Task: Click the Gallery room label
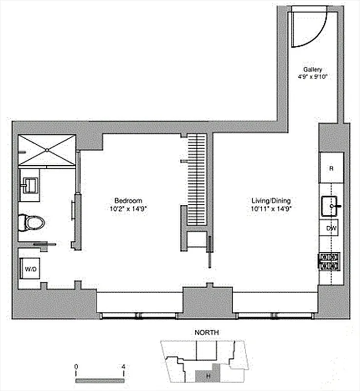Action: [x=312, y=69]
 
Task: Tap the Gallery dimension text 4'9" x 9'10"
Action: [x=312, y=76]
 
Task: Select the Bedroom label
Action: [x=128, y=200]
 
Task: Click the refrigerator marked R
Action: [x=331, y=168]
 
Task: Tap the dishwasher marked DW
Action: [x=331, y=228]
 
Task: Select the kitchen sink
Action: [x=332, y=206]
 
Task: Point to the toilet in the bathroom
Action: [x=32, y=223]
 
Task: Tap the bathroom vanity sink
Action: [x=29, y=185]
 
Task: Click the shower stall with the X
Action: [x=47, y=150]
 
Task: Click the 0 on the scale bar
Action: [x=76, y=366]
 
